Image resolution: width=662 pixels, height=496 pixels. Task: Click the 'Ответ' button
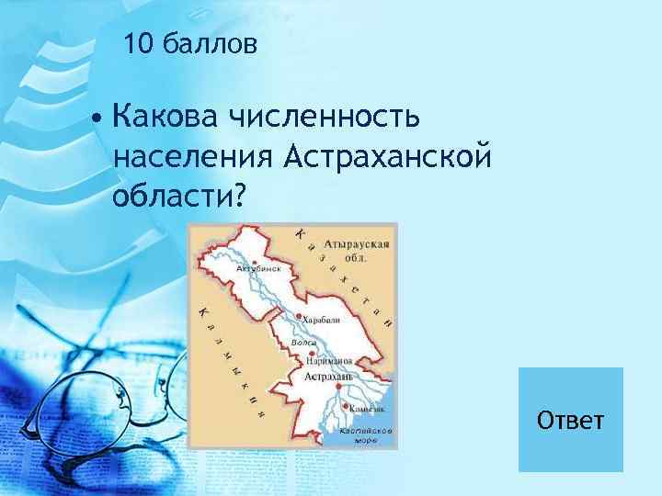571,420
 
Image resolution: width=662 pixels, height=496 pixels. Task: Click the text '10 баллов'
189,42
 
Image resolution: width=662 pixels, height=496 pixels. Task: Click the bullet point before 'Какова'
97,119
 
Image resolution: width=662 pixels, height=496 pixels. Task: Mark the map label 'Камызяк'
367,408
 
